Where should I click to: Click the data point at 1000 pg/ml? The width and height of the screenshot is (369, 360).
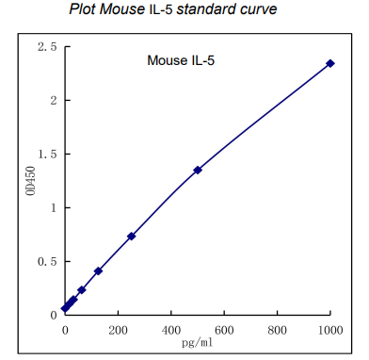coord(330,63)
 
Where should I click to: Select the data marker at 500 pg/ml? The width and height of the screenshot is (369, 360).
coord(198,170)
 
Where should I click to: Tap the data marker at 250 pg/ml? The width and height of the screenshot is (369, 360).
coord(132,236)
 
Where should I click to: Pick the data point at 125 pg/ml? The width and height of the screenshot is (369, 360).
coord(98,271)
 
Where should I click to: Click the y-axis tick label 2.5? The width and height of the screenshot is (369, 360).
coord(46,47)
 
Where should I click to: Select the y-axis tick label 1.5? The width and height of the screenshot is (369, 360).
coord(46,154)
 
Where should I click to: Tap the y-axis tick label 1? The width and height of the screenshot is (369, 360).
coord(54,207)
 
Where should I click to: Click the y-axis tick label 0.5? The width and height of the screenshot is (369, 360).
coord(46,261)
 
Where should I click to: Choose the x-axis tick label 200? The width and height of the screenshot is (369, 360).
coord(118,331)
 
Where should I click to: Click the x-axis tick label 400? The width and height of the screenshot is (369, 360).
coord(171,331)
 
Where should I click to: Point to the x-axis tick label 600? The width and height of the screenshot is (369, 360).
coord(224,331)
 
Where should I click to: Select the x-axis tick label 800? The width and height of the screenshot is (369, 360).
coord(278,331)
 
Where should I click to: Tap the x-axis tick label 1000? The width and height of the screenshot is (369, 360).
coord(329,331)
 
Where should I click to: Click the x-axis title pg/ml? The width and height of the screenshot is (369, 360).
coord(197,344)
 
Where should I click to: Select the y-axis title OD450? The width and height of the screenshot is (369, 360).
coord(30,180)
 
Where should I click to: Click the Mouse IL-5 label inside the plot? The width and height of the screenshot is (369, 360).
coord(183,61)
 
